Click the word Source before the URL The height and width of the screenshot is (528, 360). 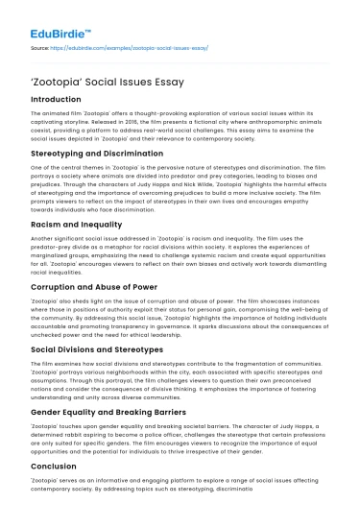(x=40, y=46)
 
